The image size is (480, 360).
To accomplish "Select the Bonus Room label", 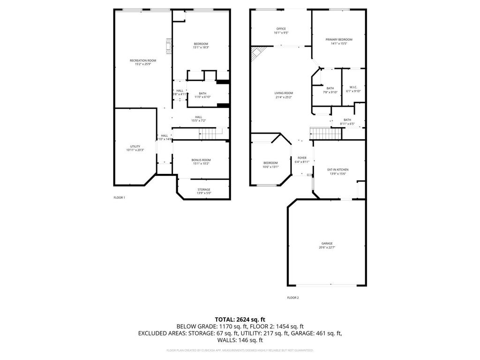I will pos(201,161).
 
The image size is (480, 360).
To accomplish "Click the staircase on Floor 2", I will pos(324,134).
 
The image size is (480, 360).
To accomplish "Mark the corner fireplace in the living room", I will pos(256,53).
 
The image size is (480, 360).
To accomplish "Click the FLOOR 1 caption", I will pos(119,197).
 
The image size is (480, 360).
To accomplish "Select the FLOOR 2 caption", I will pos(293,298).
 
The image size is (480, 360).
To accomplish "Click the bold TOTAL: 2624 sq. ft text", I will pos(240,319).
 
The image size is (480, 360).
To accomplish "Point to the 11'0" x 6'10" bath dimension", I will pos(202,97).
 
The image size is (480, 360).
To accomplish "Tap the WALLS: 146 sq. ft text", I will pos(240,340).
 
